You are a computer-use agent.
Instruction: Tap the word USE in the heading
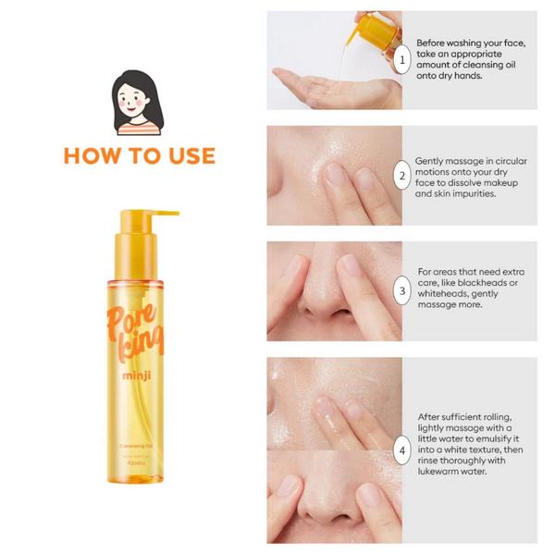189,155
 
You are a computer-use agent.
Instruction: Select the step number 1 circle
401,60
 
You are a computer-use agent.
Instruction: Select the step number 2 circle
401,176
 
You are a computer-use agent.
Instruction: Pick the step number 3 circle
401,290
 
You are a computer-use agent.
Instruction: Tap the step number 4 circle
401,451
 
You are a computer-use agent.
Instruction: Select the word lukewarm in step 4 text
443,471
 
